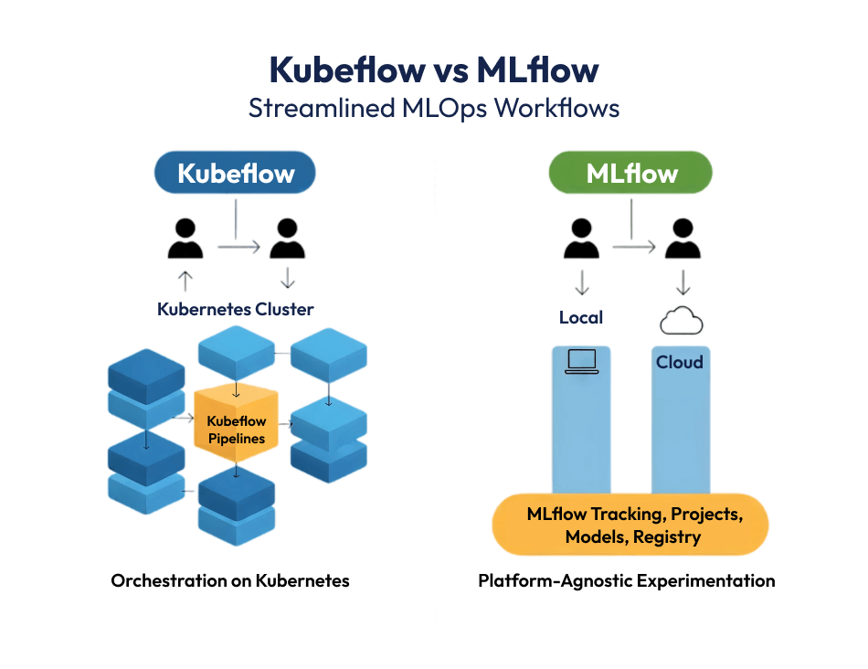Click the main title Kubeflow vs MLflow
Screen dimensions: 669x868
click(x=434, y=69)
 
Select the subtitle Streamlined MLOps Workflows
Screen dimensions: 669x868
click(x=434, y=108)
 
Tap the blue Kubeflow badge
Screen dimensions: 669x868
click(x=236, y=174)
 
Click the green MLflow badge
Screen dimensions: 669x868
click(x=631, y=174)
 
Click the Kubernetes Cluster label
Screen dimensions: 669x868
click(x=236, y=309)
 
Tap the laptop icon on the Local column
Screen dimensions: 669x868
click(x=581, y=362)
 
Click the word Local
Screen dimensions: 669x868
click(x=581, y=317)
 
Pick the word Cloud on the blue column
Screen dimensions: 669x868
click(x=680, y=362)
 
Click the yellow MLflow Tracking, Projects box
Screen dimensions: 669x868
click(x=630, y=526)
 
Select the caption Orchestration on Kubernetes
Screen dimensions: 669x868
click(x=230, y=580)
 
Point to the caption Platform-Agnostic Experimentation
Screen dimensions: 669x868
click(x=627, y=580)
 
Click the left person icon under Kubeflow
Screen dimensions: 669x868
click(x=185, y=239)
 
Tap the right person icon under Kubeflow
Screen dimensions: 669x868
click(x=287, y=239)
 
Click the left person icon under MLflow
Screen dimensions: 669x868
click(x=581, y=239)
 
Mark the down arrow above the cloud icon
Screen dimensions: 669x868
click(x=681, y=280)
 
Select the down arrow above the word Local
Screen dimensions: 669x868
click(x=581, y=280)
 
